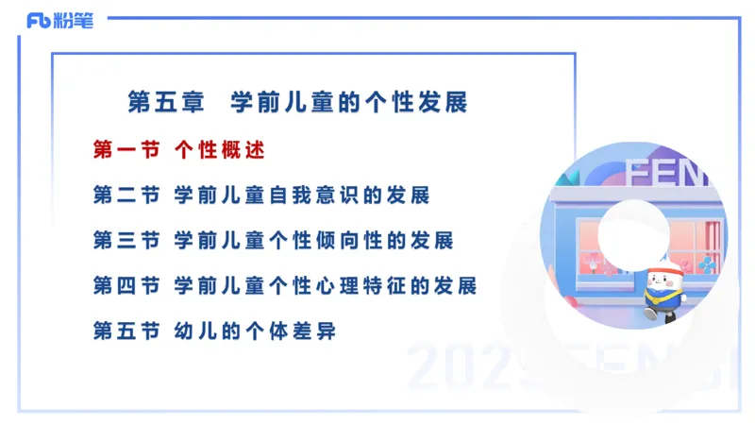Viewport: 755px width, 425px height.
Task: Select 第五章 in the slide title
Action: (x=159, y=102)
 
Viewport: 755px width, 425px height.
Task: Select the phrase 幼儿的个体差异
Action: (x=255, y=331)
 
